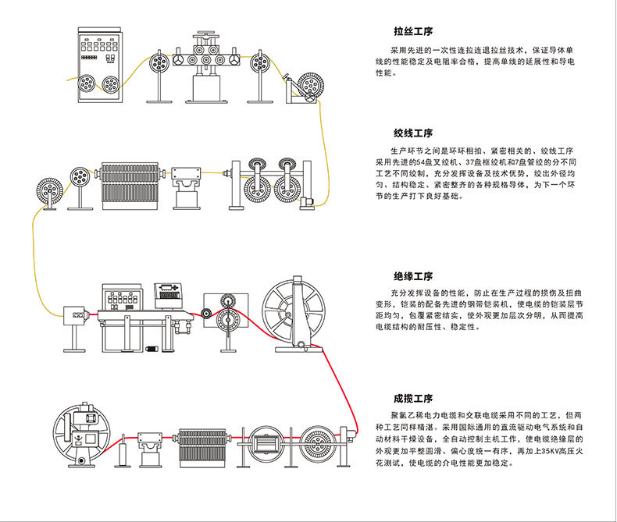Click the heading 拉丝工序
413,33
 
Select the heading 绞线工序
413,133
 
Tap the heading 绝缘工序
413,276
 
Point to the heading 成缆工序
413,398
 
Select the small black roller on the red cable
206,314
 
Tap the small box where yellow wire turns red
77,314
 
